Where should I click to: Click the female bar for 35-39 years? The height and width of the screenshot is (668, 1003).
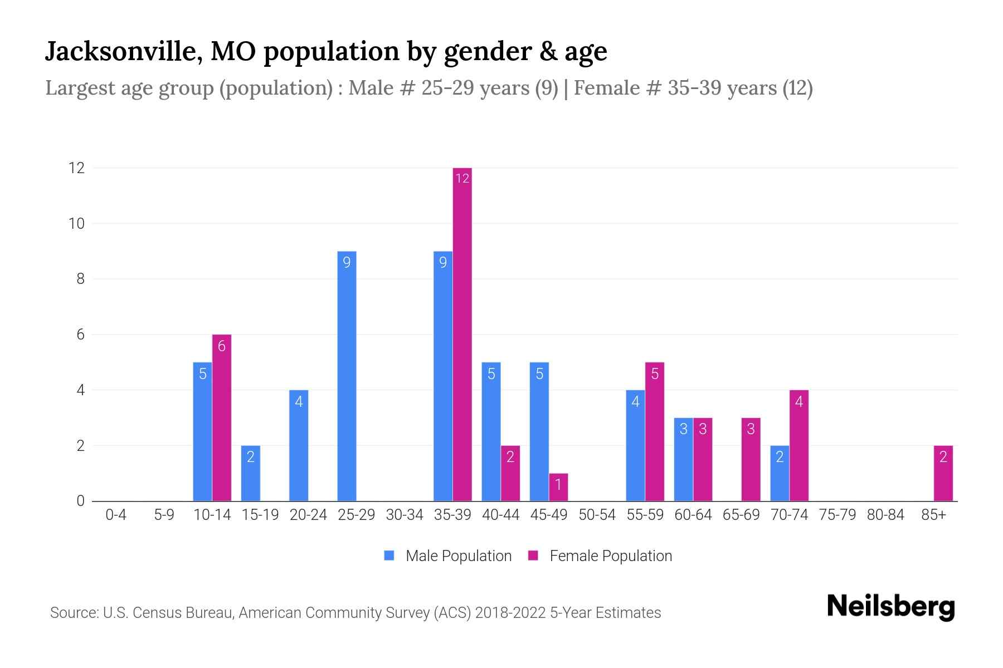point(462,334)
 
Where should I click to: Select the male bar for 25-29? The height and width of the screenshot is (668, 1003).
point(347,376)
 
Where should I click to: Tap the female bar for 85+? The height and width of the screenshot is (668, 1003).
point(943,473)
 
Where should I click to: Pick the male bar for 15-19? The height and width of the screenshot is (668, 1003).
point(250,473)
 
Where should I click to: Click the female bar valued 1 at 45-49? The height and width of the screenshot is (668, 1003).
point(558,487)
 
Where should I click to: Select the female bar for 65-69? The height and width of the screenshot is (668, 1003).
point(751,459)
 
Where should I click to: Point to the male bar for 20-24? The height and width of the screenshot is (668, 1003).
point(299,445)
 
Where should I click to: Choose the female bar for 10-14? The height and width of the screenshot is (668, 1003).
point(221,417)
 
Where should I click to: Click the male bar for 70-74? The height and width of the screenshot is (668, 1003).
point(780,473)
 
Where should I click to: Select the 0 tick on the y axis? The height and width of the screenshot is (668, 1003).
point(80,501)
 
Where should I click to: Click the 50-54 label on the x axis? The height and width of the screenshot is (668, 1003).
point(597,515)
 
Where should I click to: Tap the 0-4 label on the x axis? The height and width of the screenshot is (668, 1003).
point(116,515)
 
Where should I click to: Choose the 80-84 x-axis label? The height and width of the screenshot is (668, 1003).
point(885,515)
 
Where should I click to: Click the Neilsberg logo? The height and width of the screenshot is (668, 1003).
point(890,607)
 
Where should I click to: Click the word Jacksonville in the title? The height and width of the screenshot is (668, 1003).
point(123,51)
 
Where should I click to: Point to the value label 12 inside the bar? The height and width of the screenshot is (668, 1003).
point(462,178)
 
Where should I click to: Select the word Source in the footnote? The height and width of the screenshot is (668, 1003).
point(72,613)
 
